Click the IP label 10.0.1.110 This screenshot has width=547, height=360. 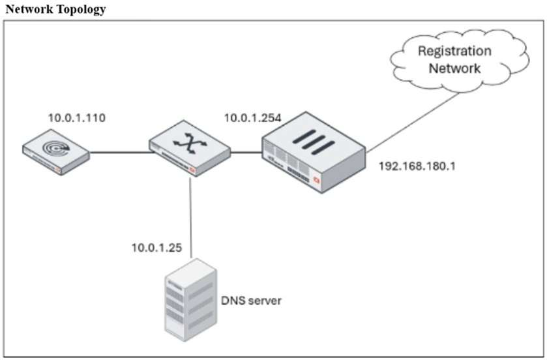click(x=76, y=118)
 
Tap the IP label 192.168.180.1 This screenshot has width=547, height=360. click(x=417, y=166)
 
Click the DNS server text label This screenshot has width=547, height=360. click(x=252, y=301)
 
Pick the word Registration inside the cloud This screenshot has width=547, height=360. click(x=454, y=51)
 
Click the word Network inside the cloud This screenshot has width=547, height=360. click(x=454, y=67)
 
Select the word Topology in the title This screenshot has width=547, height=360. click(x=79, y=10)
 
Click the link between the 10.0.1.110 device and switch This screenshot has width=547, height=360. click(x=118, y=153)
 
